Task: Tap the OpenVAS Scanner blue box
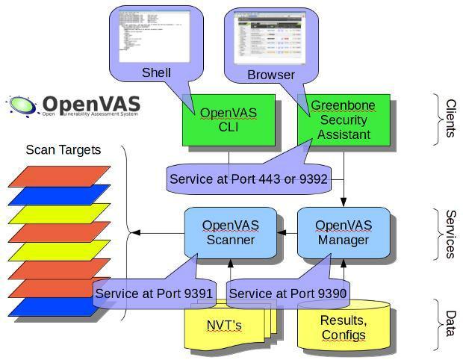(x=229, y=232)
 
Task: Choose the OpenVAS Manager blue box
(x=343, y=232)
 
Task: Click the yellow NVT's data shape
(x=224, y=326)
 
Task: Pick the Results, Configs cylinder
(x=344, y=328)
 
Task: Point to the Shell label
(x=156, y=72)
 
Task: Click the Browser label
(x=270, y=75)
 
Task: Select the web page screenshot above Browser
(x=270, y=37)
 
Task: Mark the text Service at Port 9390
(x=288, y=294)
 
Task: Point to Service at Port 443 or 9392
(x=248, y=179)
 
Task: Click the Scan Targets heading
(x=63, y=149)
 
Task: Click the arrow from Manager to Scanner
(x=287, y=233)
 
